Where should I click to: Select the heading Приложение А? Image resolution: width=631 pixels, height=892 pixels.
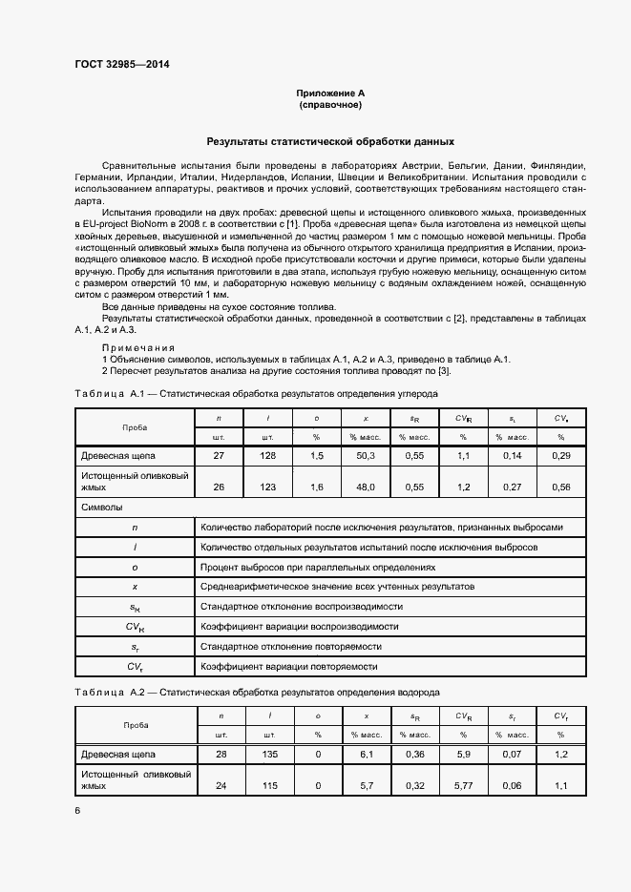coord(330,93)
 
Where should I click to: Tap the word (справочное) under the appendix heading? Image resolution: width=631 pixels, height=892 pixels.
coord(330,104)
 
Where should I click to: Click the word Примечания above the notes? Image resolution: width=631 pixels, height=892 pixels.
coord(138,347)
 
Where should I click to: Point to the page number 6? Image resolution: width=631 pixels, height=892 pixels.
coord(77,810)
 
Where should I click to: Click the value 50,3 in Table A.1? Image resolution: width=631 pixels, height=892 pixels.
coord(365,456)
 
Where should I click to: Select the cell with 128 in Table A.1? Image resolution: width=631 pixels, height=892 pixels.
coord(268,456)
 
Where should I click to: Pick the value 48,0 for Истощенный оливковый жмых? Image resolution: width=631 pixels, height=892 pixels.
coord(365,487)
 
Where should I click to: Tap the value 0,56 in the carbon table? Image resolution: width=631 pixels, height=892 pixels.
coord(560,487)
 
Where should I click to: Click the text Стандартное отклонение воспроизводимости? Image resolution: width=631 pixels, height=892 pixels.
coord(301,606)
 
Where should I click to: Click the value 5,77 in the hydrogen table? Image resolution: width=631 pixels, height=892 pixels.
coord(463,785)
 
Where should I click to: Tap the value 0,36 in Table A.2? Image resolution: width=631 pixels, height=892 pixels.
coord(415,755)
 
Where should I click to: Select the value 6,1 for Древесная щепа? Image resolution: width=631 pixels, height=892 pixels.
coord(365,755)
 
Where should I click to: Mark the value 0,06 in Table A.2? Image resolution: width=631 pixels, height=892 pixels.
coord(512,785)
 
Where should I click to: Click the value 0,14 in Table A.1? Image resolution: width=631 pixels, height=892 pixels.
coord(512,456)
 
